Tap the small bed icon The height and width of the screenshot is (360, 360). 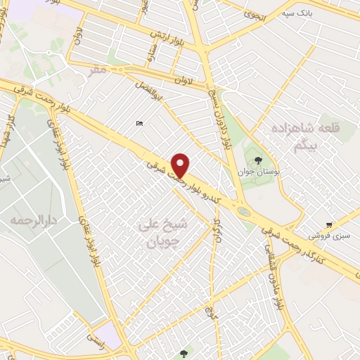[139, 124]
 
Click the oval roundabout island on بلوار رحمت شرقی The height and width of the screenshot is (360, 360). [243, 210]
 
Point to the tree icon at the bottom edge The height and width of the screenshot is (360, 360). [184, 354]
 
